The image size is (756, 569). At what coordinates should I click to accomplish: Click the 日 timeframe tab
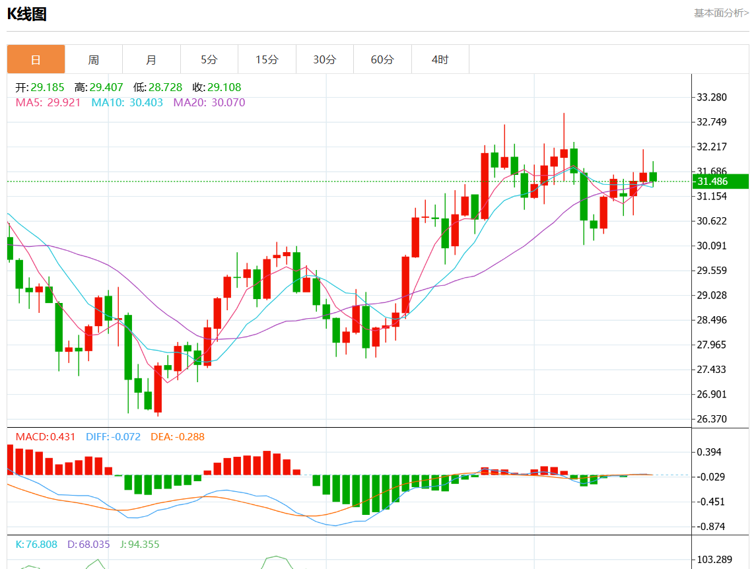[x=36, y=59]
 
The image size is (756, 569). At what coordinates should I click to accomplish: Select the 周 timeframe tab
[x=94, y=59]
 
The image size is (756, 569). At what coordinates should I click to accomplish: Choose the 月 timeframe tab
[x=151, y=59]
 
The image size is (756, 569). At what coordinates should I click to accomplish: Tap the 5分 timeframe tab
[x=209, y=59]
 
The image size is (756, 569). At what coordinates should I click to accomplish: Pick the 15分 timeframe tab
[x=267, y=59]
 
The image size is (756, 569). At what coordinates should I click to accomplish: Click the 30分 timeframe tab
[x=324, y=59]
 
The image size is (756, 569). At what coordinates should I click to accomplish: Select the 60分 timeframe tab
[x=382, y=59]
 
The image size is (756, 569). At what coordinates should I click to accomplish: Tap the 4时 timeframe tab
[x=440, y=59]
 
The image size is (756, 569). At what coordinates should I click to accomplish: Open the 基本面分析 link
[x=721, y=13]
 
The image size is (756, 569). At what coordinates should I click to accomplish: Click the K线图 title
[x=27, y=14]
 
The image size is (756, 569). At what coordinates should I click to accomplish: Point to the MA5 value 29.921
[x=64, y=102]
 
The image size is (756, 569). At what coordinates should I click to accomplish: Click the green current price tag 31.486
[x=720, y=182]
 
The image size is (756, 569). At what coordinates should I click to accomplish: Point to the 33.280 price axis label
[x=712, y=98]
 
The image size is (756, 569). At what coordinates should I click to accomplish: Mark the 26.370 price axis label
[x=712, y=419]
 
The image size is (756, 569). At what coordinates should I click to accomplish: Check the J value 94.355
[x=143, y=545]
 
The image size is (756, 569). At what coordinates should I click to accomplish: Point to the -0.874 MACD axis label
[x=712, y=526]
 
